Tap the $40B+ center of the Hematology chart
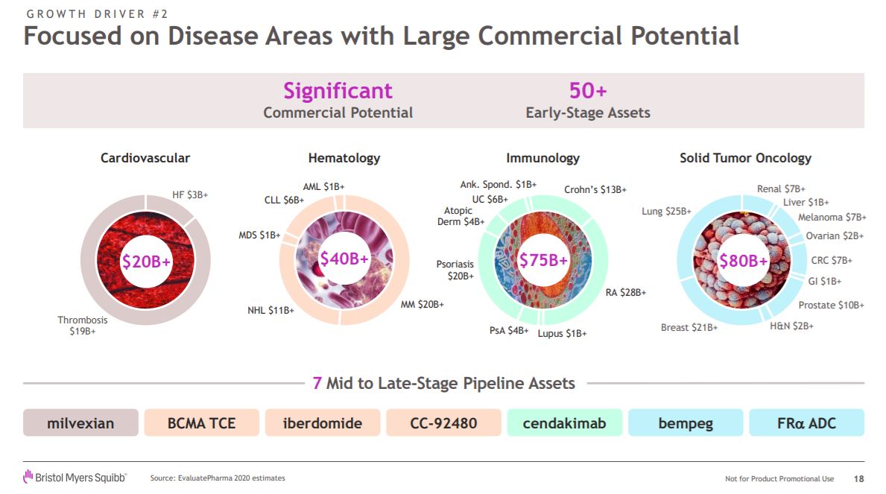point(345,259)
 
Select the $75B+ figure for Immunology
point(543,260)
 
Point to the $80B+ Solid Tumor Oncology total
point(743,261)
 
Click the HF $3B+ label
point(190,194)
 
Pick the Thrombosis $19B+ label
point(83,326)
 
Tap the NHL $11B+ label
point(270,310)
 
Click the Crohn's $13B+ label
point(595,190)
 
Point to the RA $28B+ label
point(625,293)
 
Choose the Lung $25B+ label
point(666,212)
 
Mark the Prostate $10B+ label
point(831,305)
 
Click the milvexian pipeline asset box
point(80,423)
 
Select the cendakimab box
point(564,423)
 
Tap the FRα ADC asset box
point(806,423)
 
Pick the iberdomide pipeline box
point(323,423)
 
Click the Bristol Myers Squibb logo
point(75,477)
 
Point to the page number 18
point(859,478)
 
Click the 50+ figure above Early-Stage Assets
point(588,91)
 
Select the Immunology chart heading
point(542,158)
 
